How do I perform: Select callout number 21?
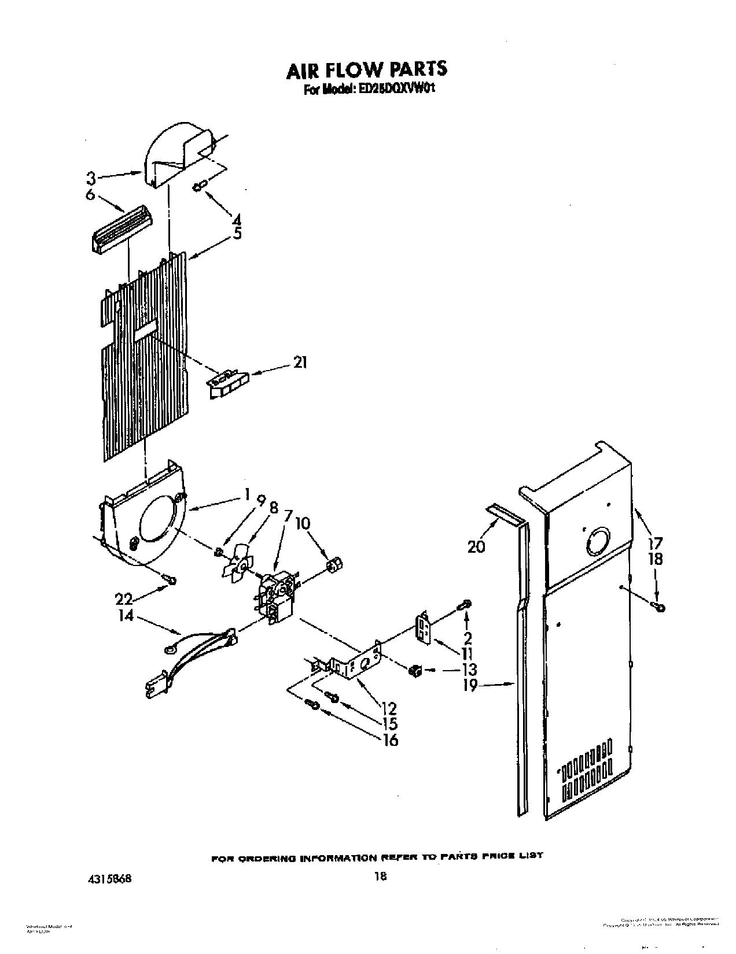pos(300,363)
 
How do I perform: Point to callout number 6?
pos(90,195)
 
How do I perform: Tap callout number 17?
pos(655,543)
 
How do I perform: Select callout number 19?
pos(470,686)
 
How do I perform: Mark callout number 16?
pos(391,739)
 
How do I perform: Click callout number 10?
pos(303,524)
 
